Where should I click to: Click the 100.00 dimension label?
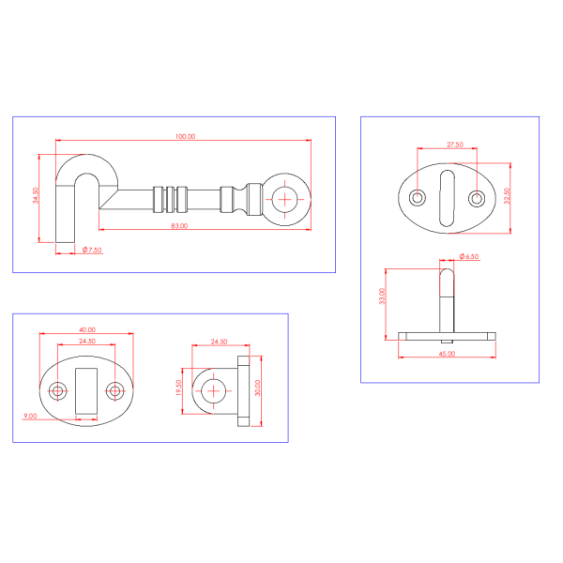tap(185, 136)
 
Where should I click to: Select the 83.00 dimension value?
tap(179, 226)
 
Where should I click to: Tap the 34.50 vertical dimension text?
tap(36, 196)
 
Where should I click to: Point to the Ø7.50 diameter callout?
tap(92, 250)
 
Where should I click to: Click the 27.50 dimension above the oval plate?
tap(455, 145)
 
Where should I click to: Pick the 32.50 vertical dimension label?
tap(507, 196)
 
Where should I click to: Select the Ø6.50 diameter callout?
tap(469, 256)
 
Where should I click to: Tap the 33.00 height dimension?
tap(382, 297)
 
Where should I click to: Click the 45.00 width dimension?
tap(447, 354)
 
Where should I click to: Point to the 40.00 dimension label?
tap(87, 329)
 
